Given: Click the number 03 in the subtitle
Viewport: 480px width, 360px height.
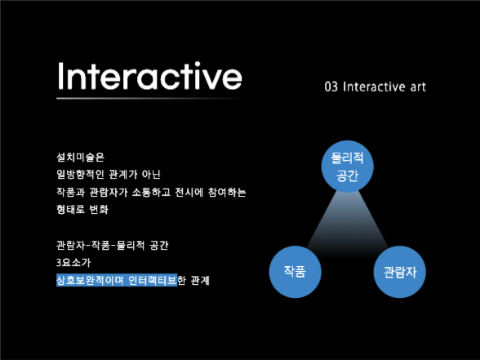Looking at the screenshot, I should click(331, 87).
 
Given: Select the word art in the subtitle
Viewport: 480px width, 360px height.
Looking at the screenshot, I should click(416, 87).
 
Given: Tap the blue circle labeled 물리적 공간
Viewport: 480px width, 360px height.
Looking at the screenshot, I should click(347, 166).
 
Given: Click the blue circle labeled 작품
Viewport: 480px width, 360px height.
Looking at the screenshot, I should click(296, 271).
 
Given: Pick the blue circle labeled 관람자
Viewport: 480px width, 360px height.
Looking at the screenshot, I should click(400, 272).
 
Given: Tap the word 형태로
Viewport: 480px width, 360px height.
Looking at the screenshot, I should click(71, 210).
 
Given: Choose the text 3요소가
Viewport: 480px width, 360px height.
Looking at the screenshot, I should click(73, 263).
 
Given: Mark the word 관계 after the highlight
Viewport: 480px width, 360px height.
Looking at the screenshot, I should click(199, 281).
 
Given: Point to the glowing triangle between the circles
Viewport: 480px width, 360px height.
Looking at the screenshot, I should click(348, 224).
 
